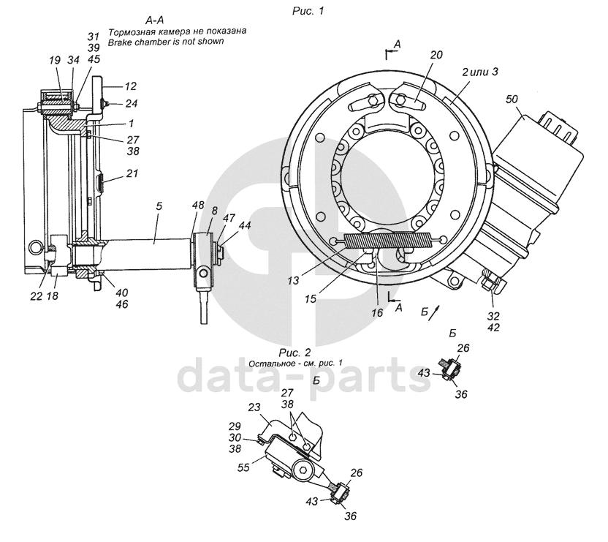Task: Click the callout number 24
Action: point(132,103)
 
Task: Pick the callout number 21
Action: point(132,173)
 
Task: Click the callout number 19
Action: point(56,60)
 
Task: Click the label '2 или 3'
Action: point(479,72)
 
